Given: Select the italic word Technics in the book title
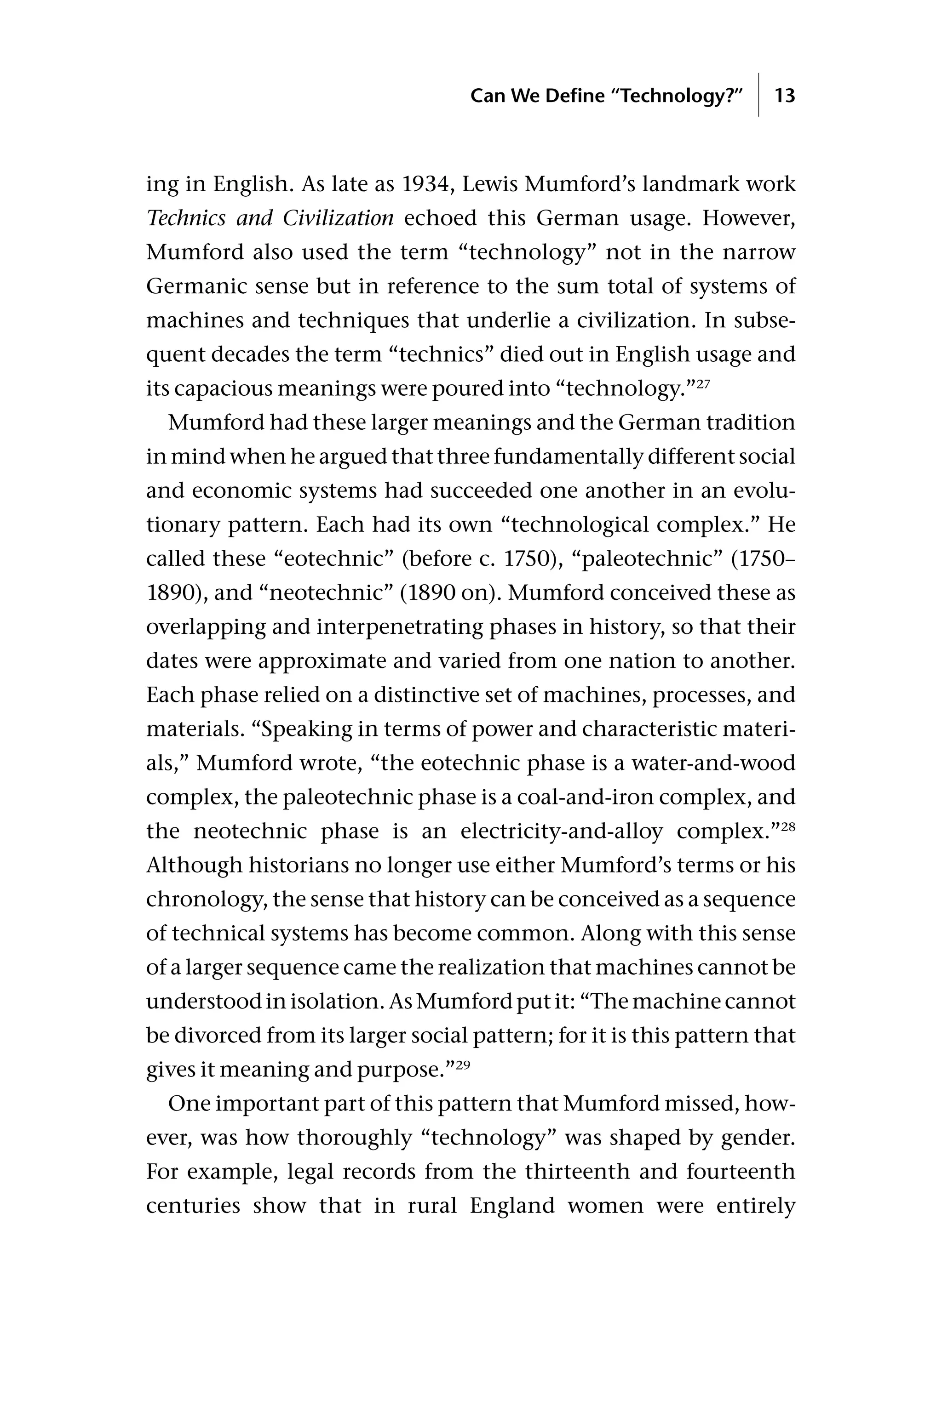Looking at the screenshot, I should pos(185,218).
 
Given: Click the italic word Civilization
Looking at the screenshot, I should pos(338,218).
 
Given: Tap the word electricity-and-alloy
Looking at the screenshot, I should pos(562,832).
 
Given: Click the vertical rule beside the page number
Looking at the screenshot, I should pos(759,95).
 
